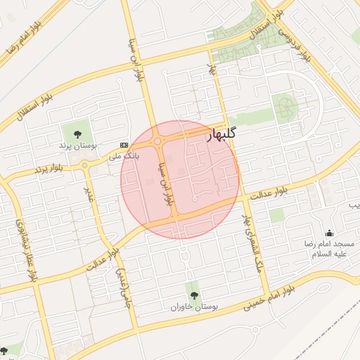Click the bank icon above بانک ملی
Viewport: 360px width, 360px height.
(x=124, y=143)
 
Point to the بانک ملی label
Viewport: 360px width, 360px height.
(x=124, y=154)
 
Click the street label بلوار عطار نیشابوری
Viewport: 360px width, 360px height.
(x=25, y=250)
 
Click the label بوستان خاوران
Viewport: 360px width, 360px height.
(x=195, y=307)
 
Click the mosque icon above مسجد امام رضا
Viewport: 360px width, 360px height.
(x=329, y=233)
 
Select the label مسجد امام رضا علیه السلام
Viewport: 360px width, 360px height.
(x=329, y=248)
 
